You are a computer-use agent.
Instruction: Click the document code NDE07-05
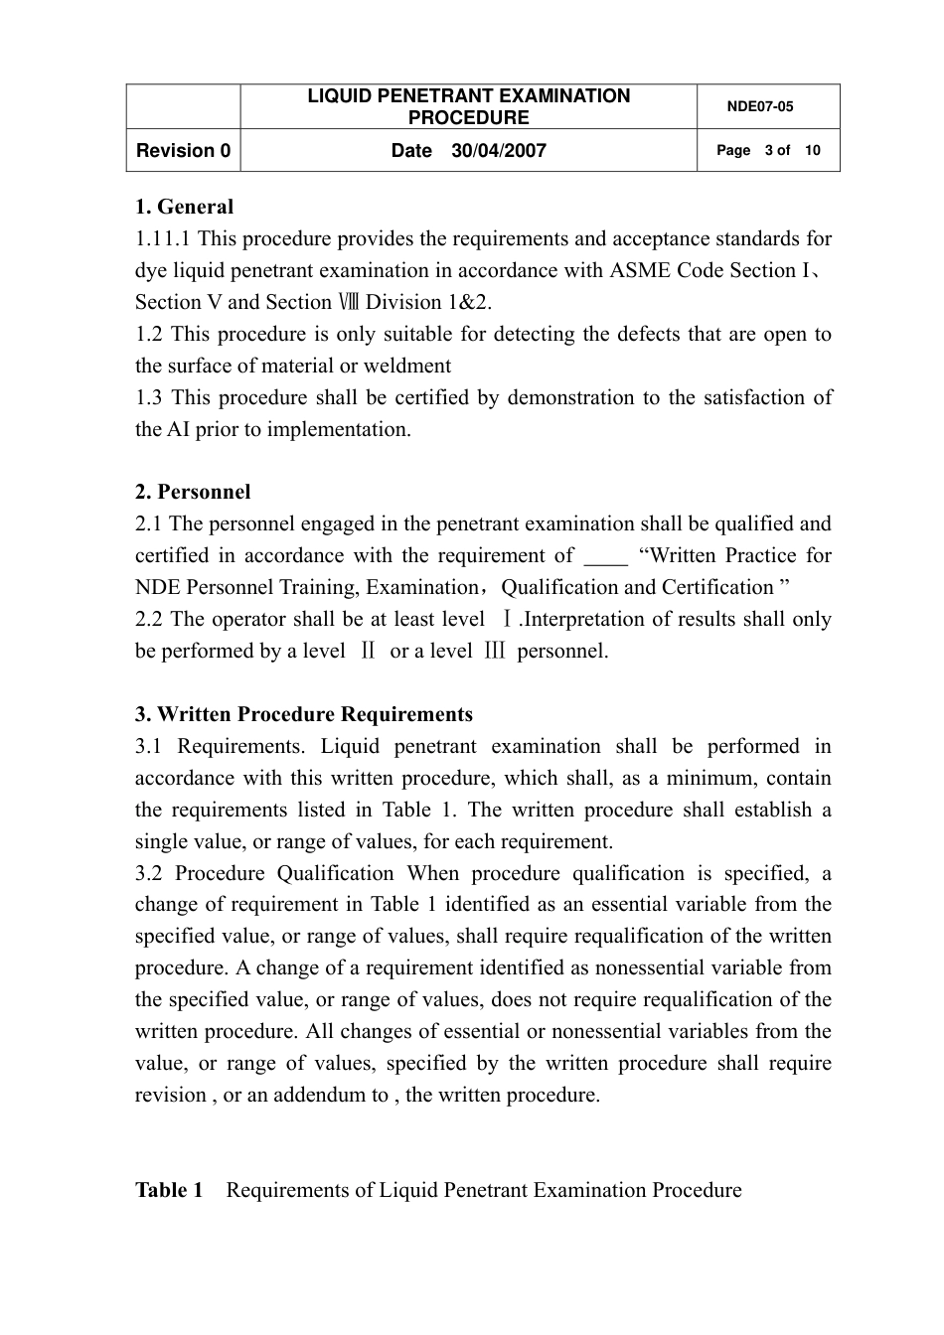point(760,106)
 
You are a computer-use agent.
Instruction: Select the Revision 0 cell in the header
point(183,151)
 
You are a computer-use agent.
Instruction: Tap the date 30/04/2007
point(498,151)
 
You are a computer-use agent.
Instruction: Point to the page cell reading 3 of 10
point(768,151)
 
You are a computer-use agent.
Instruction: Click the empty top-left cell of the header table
point(183,106)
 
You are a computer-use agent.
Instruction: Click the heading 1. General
point(184,207)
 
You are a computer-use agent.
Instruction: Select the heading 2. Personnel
point(193,492)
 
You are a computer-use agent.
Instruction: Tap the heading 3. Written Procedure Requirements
point(304,714)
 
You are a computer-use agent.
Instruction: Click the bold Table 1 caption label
point(169,1190)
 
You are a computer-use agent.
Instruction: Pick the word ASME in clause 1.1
point(640,270)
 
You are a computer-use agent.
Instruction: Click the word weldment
point(407,366)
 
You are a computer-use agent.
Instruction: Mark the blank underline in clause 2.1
point(605,556)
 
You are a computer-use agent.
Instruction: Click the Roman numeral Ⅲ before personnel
point(495,652)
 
